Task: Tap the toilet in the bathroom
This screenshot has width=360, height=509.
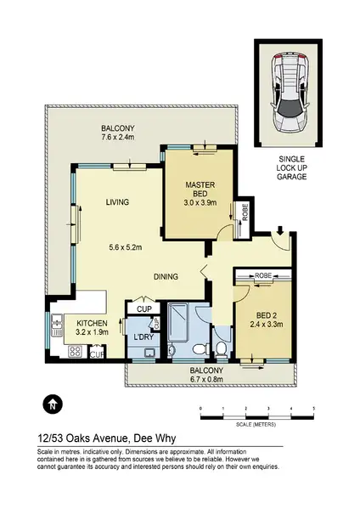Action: (x=220, y=348)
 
